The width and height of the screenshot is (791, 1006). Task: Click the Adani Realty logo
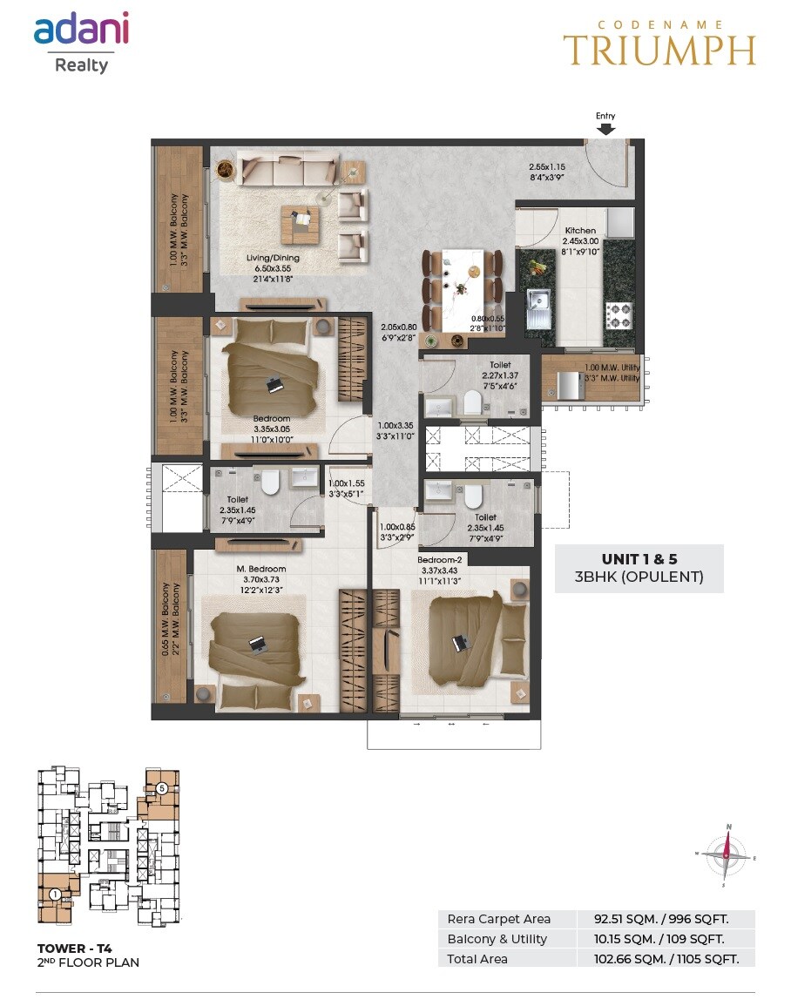point(81,41)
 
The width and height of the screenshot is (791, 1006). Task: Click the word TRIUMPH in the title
point(659,51)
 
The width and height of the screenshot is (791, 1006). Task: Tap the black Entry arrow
point(605,129)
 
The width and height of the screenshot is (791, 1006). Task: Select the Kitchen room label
point(579,231)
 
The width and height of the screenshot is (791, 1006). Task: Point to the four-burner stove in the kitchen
point(618,314)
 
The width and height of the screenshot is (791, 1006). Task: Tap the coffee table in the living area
point(301,225)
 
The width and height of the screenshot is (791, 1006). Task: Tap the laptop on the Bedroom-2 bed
point(459,643)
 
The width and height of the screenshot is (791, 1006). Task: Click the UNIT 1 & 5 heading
point(639,558)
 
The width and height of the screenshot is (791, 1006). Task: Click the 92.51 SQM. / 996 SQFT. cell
point(666,919)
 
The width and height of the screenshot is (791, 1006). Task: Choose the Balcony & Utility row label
point(497,939)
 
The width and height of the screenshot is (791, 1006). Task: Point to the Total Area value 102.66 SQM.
point(666,958)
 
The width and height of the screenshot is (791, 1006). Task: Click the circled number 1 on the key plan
point(54,894)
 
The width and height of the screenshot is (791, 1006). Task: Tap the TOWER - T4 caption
point(74,948)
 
